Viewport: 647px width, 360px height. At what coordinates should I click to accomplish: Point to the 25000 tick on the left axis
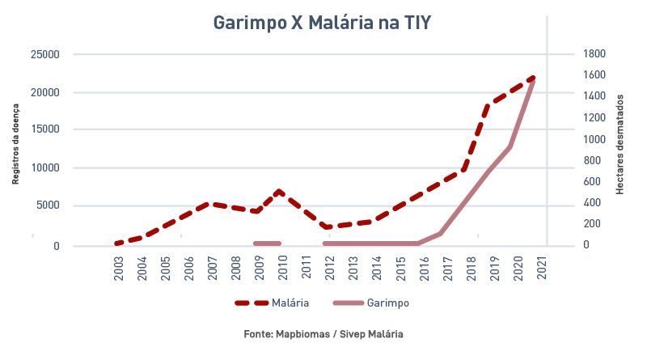(45, 54)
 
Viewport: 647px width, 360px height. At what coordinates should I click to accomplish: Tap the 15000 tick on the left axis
(45, 129)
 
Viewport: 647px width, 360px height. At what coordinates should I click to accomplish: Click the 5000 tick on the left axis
(48, 205)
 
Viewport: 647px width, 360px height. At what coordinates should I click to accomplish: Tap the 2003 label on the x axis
(119, 269)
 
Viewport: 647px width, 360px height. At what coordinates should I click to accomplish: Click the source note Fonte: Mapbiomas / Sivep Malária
(323, 334)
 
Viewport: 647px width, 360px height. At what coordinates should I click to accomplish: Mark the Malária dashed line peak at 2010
(279, 192)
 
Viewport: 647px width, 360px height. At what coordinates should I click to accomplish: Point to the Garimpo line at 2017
(441, 233)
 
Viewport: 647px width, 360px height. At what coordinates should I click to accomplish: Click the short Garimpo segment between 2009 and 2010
(267, 243)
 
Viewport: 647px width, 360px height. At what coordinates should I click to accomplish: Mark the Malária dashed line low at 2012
(326, 227)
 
